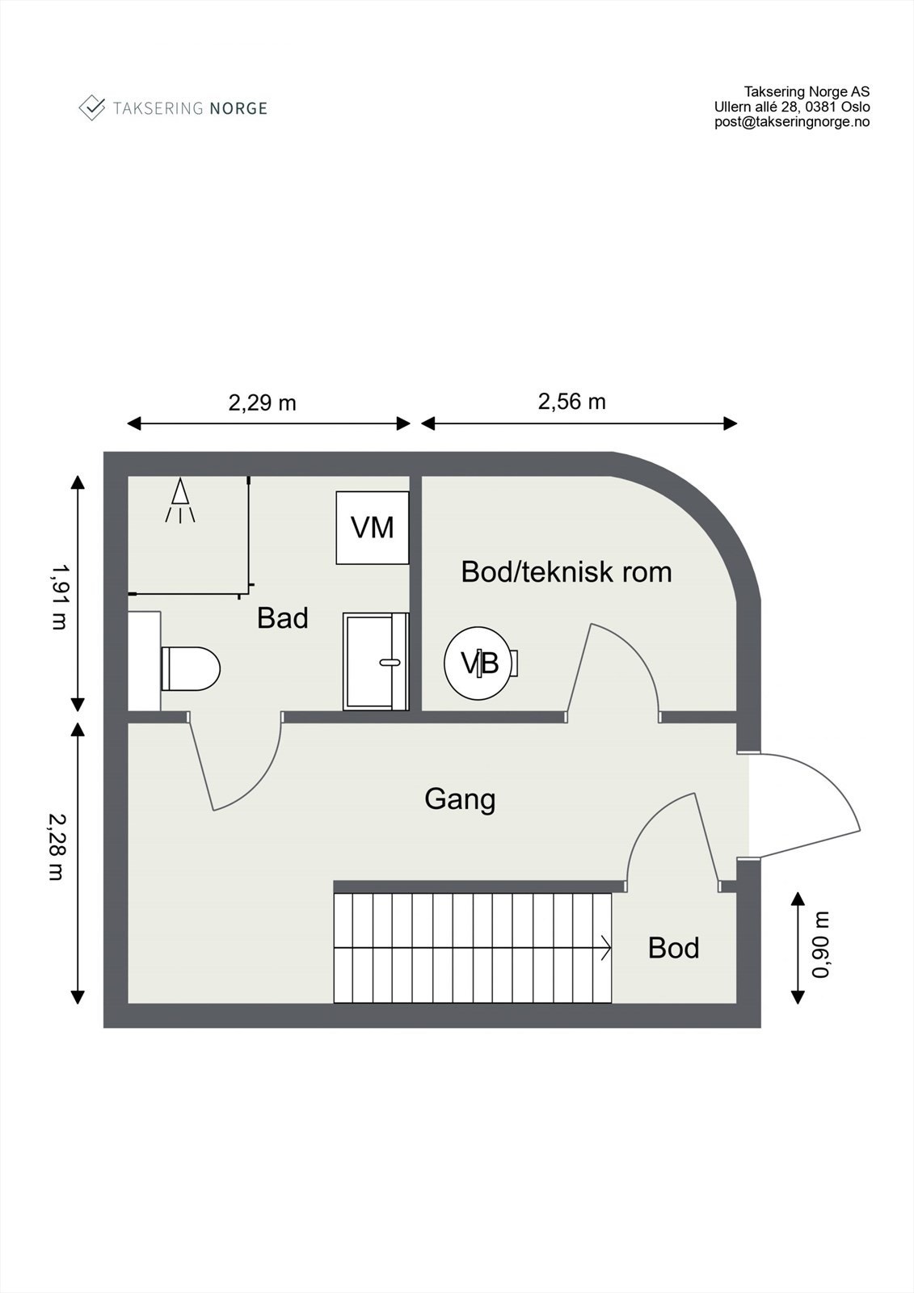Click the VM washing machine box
pos(373,528)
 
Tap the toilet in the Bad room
pos(192,668)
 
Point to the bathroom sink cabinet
pos(376,661)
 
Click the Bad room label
pos(283,618)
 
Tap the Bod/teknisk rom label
pos(566,572)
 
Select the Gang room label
pos(460,799)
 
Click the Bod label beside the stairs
pos(673,948)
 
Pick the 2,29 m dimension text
pos(262,402)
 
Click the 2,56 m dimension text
pos(571,402)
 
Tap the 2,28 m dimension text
pos(56,845)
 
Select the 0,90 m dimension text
pos(821,945)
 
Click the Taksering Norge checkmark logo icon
pos(92,107)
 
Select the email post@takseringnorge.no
pos(792,122)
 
